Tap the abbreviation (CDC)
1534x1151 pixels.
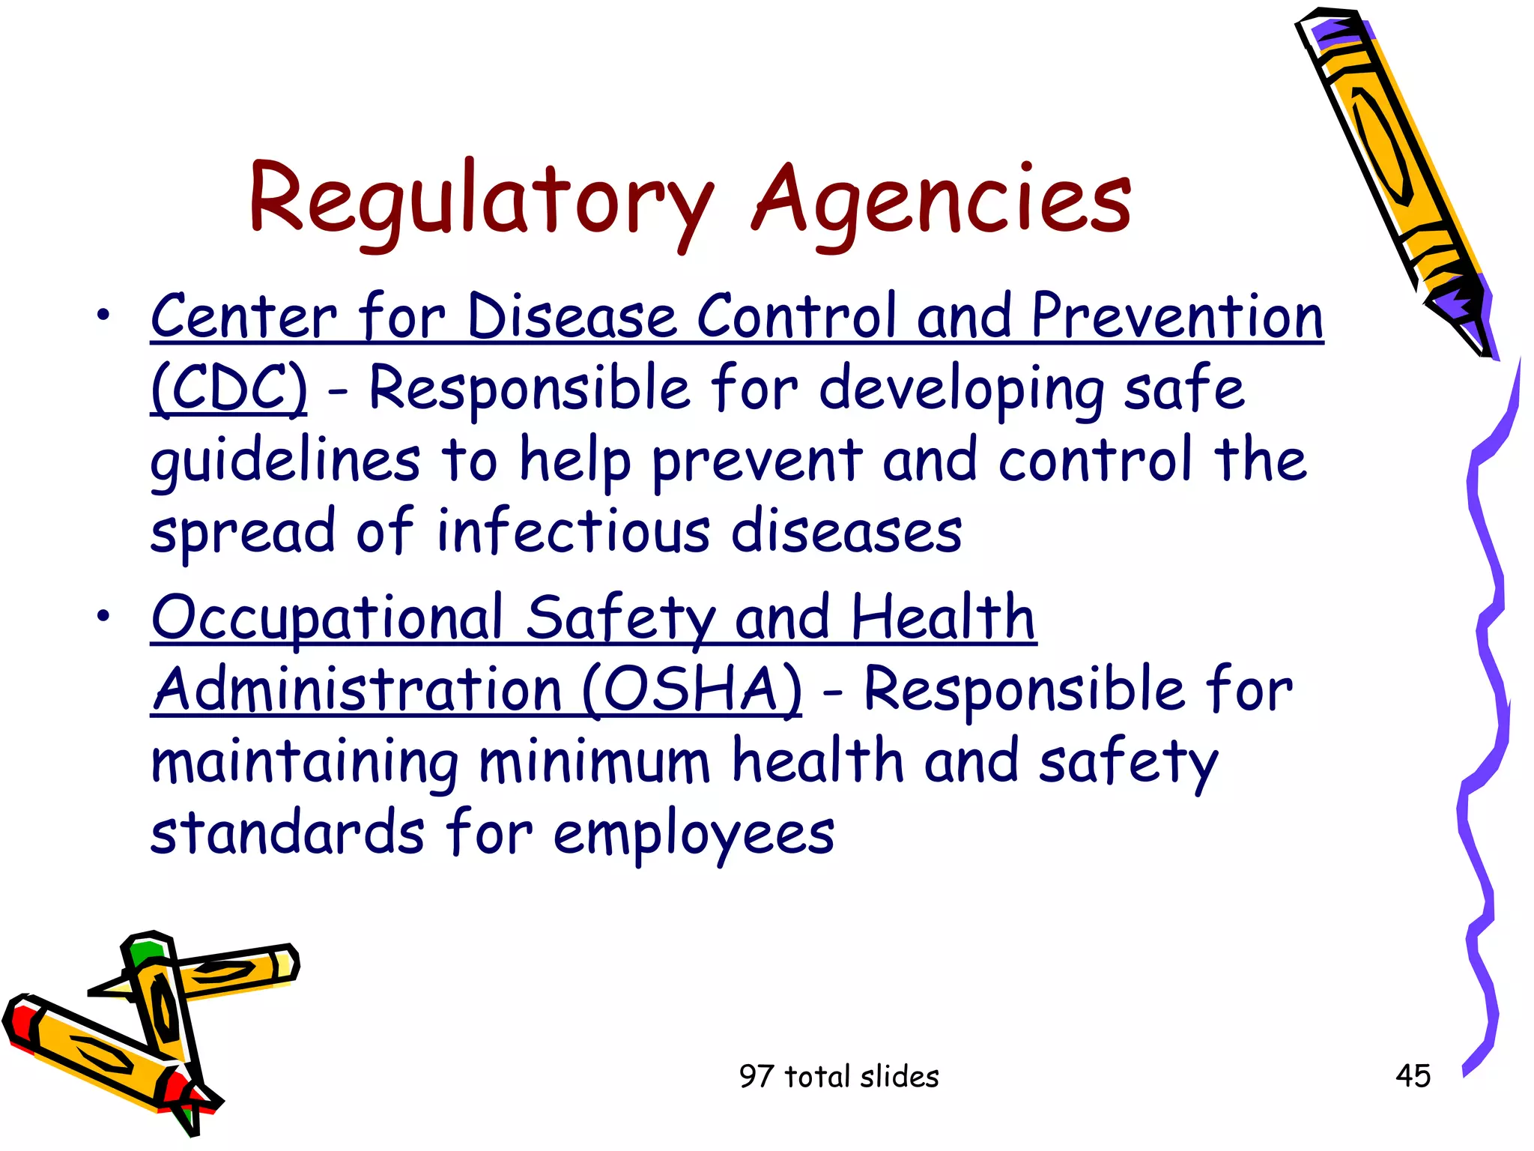[x=228, y=388]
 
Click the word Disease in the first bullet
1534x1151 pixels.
[x=572, y=317]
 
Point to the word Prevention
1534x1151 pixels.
[x=1177, y=317]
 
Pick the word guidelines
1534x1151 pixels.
[x=285, y=461]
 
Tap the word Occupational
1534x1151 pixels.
[x=327, y=618]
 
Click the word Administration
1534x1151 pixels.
[x=357, y=689]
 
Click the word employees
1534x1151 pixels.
[x=694, y=833]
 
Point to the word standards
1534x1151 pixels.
[x=288, y=833]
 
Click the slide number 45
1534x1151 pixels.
[x=1413, y=1076]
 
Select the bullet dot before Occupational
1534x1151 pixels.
[x=103, y=617]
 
